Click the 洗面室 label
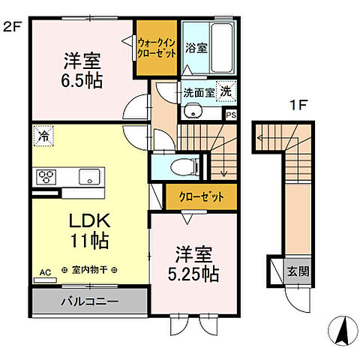tap(199, 93)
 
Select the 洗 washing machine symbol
tap(224, 88)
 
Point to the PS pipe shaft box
tap(231, 115)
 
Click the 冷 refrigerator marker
tap(43, 137)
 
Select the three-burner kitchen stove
tap(45, 177)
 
